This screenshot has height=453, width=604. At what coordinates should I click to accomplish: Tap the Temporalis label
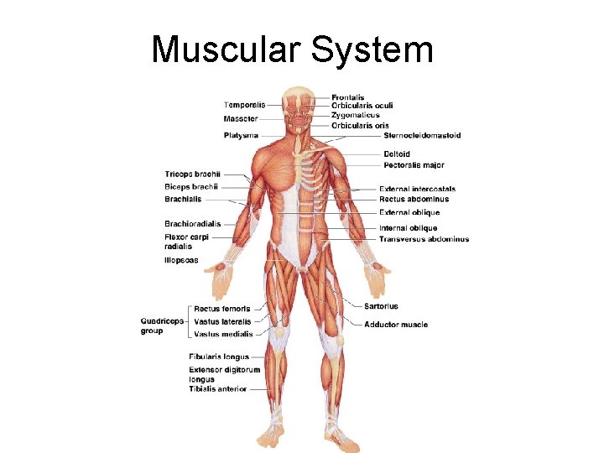tap(244, 105)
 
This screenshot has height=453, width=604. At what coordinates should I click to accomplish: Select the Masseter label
tap(241, 120)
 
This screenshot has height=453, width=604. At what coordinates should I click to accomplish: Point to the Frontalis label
tap(346, 97)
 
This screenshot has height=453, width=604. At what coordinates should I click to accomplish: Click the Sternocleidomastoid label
tap(422, 135)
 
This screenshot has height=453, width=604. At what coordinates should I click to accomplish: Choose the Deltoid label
tap(397, 154)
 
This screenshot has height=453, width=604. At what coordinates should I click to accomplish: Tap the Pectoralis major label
tap(414, 165)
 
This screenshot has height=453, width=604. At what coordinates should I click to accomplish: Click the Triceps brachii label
tap(192, 174)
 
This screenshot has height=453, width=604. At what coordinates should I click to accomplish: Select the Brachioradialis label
tap(193, 224)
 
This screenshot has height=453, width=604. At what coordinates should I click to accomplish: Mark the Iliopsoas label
tap(181, 261)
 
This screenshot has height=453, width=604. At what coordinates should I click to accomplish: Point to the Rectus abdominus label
tap(414, 200)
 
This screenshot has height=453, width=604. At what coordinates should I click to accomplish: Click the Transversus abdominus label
tap(424, 239)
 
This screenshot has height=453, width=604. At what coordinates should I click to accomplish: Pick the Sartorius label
tap(382, 306)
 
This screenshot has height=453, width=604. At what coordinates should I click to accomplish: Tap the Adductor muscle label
tap(396, 325)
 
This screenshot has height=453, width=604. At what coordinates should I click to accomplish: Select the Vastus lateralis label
tap(222, 321)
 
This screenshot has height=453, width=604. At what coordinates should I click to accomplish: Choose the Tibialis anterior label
tap(217, 389)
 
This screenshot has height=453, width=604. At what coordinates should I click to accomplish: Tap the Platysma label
tap(241, 135)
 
